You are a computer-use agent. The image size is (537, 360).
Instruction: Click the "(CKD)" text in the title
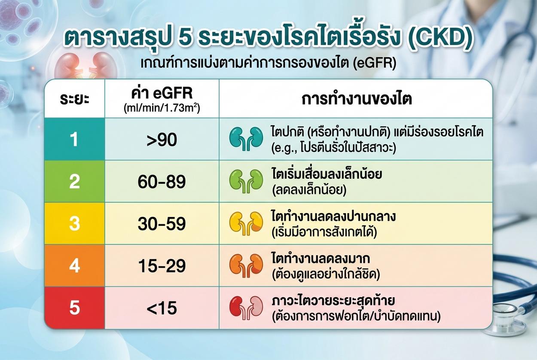(441, 39)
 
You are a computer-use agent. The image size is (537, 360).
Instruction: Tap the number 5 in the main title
(185, 38)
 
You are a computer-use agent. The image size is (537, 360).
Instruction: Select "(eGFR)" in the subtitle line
(375, 63)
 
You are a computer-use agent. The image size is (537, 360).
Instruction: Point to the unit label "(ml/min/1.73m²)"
(162, 108)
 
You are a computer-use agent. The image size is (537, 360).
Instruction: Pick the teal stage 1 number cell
(75, 139)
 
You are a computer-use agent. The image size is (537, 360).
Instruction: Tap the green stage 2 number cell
(75, 181)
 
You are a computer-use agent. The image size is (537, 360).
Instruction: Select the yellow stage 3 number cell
(75, 224)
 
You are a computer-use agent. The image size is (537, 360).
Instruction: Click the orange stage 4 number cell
(75, 266)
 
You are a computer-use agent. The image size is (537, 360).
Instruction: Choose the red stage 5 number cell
(75, 308)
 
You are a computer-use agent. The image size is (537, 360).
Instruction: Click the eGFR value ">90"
(162, 140)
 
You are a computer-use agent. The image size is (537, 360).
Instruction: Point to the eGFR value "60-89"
(162, 182)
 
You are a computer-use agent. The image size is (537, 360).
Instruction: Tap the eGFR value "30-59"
(162, 224)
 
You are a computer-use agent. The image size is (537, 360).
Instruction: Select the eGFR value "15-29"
(162, 266)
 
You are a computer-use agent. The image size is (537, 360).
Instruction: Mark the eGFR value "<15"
(162, 308)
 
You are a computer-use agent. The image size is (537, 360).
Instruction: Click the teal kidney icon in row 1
(246, 138)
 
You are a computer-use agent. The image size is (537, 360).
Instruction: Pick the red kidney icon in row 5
(246, 308)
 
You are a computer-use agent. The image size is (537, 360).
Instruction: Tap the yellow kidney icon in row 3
(246, 223)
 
